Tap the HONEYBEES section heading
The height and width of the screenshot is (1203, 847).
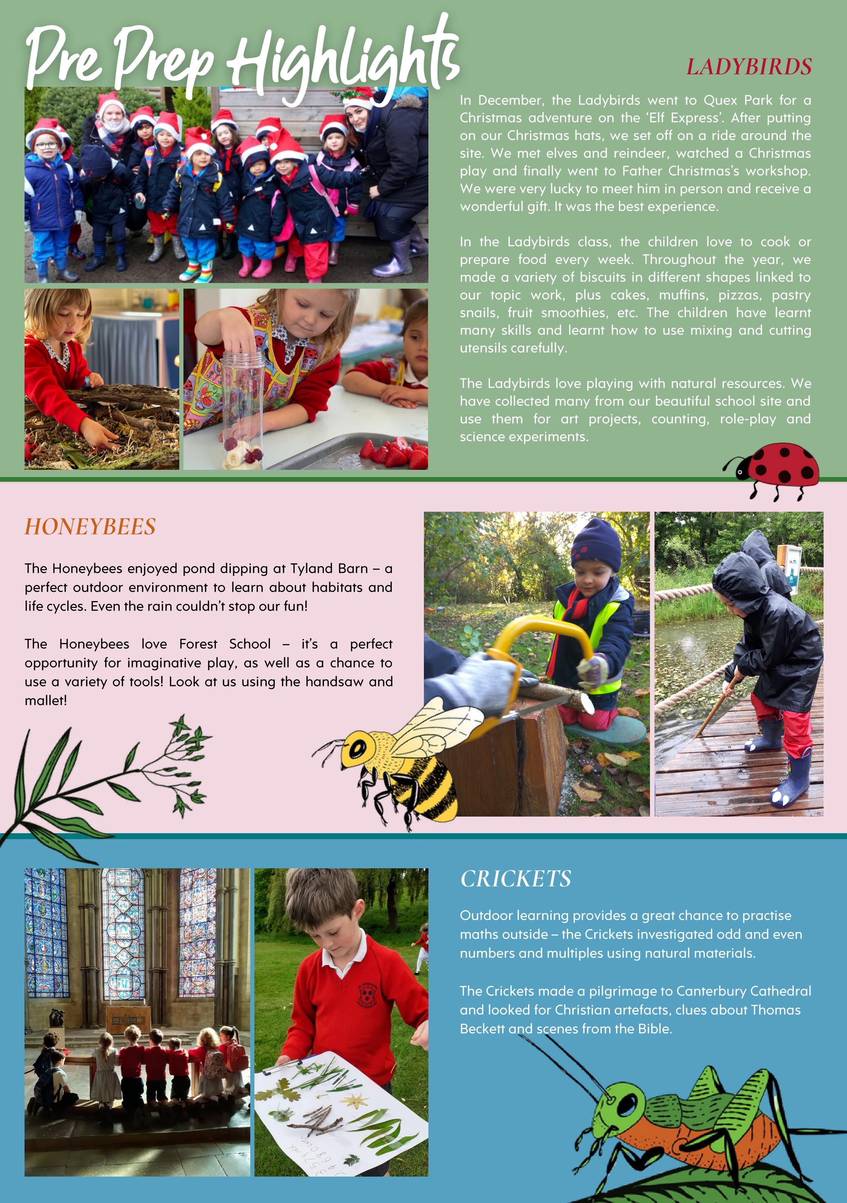pos(90,526)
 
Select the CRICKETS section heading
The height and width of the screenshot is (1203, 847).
pos(516,879)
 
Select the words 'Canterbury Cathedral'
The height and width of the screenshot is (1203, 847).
pos(743,991)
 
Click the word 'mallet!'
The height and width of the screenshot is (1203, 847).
pos(46,700)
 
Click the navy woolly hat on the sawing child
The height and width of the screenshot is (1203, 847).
pos(596,545)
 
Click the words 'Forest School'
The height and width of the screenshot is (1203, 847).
pos(225,644)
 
